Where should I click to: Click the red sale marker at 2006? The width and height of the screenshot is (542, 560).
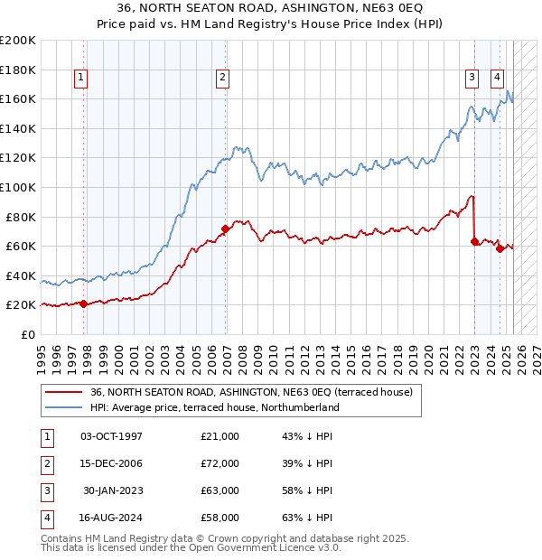click(x=225, y=229)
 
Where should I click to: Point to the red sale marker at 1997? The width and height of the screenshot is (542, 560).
click(x=84, y=303)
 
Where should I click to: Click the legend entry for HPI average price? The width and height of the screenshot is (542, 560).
click(x=214, y=407)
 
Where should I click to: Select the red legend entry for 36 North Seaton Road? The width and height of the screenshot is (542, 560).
click(x=251, y=392)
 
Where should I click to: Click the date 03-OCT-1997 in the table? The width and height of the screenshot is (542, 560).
click(x=111, y=436)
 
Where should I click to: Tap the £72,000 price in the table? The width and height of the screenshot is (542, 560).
click(x=220, y=463)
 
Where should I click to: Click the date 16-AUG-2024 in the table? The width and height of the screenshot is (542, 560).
click(x=111, y=518)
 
